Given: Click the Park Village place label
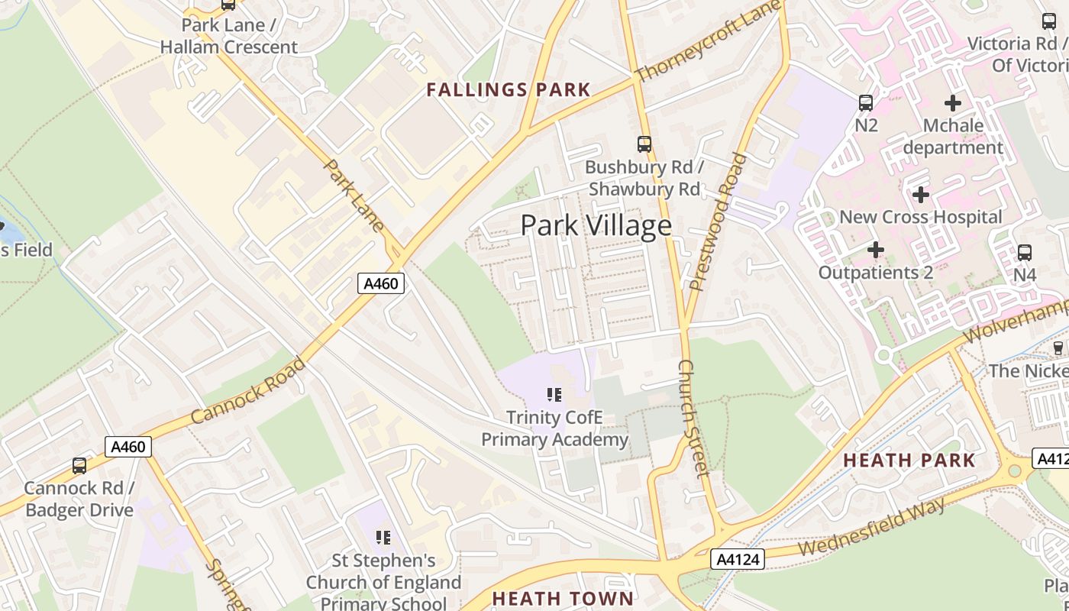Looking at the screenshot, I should pyautogui.click(x=596, y=225).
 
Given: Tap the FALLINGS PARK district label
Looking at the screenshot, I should pyautogui.click(x=509, y=90).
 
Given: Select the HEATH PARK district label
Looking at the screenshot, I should pyautogui.click(x=909, y=461).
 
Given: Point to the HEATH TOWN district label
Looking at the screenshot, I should pyautogui.click(x=563, y=598).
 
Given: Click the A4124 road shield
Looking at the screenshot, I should pyautogui.click(x=738, y=560).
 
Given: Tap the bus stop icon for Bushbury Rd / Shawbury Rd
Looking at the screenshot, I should pyautogui.click(x=644, y=144).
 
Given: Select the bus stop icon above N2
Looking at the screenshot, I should pyautogui.click(x=865, y=102).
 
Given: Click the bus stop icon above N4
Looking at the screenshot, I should pyautogui.click(x=1024, y=252).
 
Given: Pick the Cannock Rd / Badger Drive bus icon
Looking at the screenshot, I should pyautogui.click(x=79, y=465).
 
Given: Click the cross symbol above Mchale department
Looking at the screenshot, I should pyautogui.click(x=952, y=102).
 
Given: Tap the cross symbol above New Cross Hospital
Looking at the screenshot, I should pyautogui.click(x=920, y=195).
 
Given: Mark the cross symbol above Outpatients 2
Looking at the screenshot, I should pyautogui.click(x=875, y=250).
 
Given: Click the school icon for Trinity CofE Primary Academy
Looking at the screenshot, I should pyautogui.click(x=554, y=395).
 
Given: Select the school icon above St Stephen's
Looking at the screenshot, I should pyautogui.click(x=383, y=538).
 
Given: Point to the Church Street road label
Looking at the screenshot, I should pyautogui.click(x=693, y=418).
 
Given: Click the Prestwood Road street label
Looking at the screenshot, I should pyautogui.click(x=717, y=221).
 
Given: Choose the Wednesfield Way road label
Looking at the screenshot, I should pyautogui.click(x=872, y=527).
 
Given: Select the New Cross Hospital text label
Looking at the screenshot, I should pyautogui.click(x=920, y=217).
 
